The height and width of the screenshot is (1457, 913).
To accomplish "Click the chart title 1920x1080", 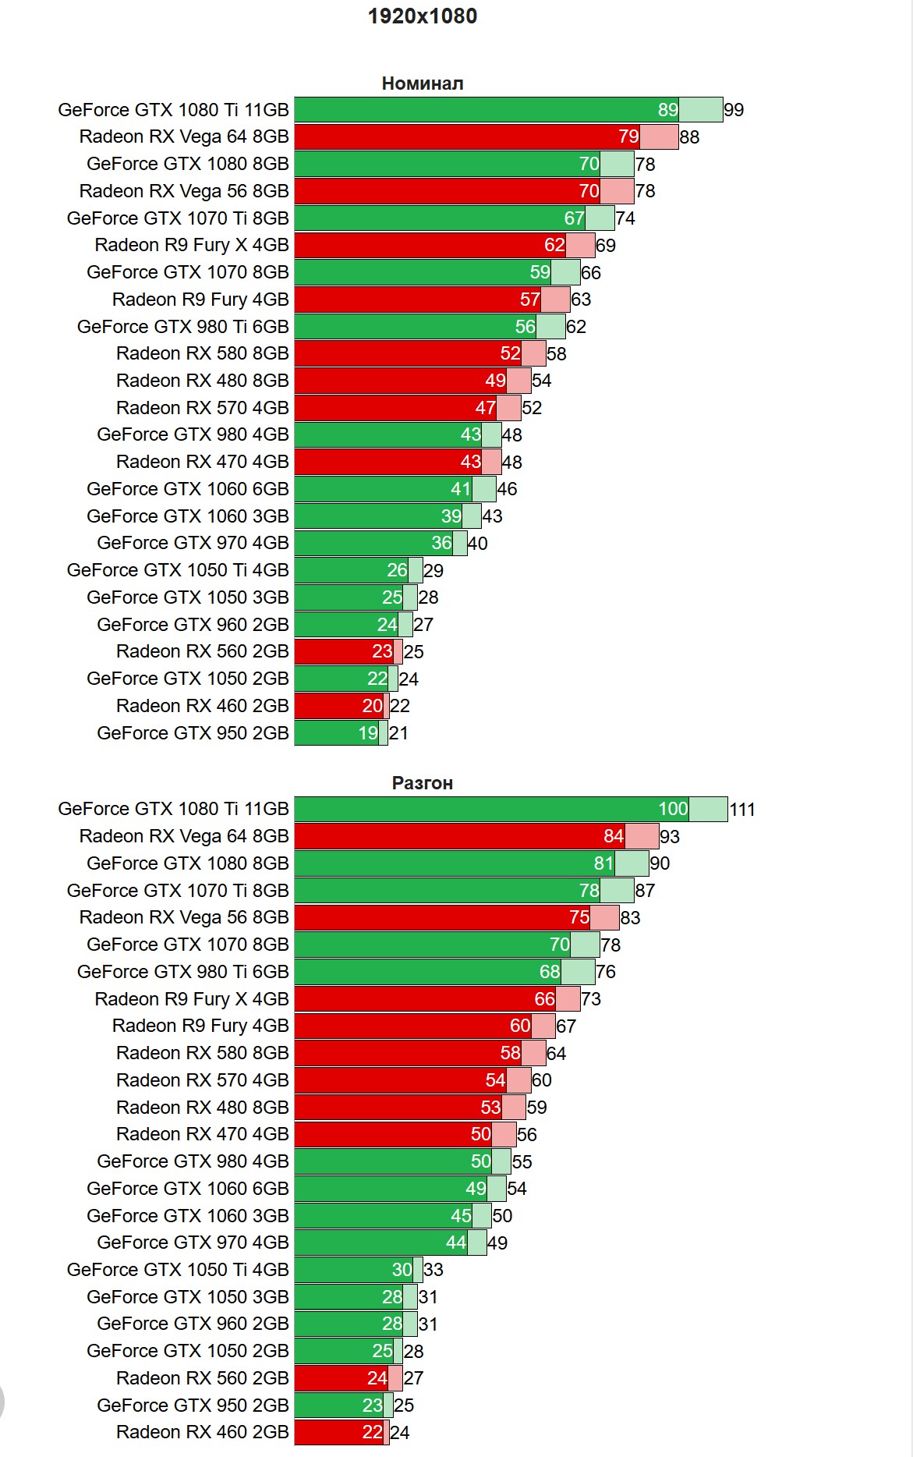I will coord(422,16).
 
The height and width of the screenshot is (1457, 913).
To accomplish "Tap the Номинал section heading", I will coord(422,83).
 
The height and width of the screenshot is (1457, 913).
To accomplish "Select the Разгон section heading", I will coord(422,783).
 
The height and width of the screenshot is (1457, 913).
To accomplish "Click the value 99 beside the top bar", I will coord(734,110).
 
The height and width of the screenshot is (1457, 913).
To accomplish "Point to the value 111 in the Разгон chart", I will coord(742,810).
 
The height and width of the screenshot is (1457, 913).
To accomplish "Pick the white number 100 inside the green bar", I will coord(673,809).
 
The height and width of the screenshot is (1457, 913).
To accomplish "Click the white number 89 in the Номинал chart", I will coord(667,110).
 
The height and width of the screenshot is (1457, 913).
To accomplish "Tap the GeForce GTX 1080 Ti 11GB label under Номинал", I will coord(173,110).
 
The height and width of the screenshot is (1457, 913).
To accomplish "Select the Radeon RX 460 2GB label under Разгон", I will coord(202,1432).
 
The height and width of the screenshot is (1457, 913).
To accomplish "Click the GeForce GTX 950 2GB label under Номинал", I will coord(193,733).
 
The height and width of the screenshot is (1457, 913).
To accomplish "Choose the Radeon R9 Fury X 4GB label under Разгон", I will coord(192,999).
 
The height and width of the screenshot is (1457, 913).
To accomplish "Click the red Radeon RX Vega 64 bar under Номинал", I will coord(466,137).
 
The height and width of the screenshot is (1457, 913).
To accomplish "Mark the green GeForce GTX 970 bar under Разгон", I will coord(380,1243).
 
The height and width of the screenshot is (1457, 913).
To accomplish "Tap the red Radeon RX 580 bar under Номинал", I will coord(407,353).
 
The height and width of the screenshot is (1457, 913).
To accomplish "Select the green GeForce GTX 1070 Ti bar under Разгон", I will coord(447,891).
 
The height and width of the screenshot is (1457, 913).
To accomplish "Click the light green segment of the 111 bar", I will coord(708,810).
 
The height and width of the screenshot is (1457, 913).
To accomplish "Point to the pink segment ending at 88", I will coord(659,137).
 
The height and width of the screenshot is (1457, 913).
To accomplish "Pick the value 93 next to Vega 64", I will coord(670,837).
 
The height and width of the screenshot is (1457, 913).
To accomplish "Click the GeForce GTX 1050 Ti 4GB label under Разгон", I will coord(178,1270).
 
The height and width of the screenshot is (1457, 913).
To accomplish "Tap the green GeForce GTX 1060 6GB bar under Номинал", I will coord(373,489).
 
